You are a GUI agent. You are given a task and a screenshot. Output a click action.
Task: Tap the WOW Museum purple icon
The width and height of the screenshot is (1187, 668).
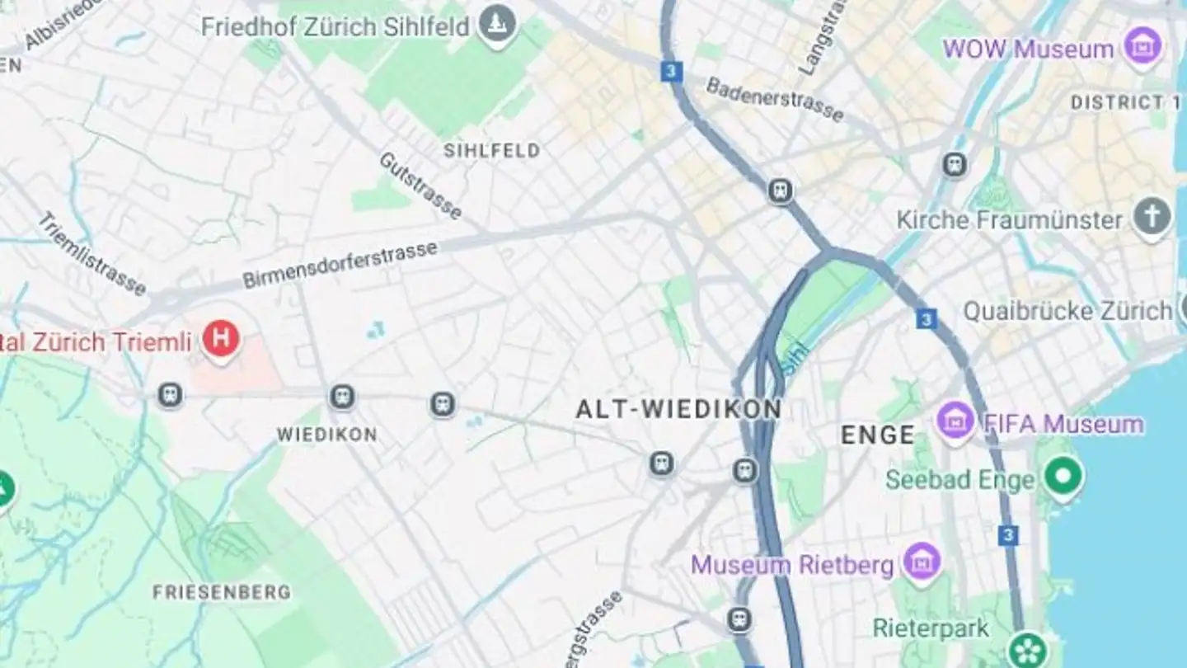[1142, 46]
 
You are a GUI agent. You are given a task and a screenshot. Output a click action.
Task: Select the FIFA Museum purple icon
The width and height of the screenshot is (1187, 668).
[956, 421]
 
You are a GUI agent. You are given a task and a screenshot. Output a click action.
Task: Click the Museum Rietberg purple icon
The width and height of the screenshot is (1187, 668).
[922, 563]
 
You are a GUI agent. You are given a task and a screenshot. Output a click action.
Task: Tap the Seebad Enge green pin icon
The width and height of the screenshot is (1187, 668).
[1063, 476]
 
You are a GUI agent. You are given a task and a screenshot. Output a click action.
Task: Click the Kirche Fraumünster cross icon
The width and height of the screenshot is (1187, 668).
[1152, 217]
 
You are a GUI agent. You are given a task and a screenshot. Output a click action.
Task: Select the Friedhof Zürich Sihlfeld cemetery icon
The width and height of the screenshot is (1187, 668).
[497, 23]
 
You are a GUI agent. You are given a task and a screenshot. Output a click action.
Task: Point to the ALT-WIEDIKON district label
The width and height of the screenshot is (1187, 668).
[678, 409]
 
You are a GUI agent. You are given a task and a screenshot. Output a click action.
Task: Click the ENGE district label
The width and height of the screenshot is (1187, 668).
[878, 435]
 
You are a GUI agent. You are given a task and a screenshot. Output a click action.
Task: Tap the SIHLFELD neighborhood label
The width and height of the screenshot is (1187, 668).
[492, 150]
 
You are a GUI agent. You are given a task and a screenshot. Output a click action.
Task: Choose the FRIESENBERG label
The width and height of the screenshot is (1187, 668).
[222, 592]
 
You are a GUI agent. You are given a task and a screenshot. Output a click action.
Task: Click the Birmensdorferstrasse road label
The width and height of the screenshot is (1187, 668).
[340, 265]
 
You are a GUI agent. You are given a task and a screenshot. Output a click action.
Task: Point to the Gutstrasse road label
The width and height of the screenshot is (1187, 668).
[420, 186]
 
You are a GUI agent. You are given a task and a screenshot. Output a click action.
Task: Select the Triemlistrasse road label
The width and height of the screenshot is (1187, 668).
[91, 253]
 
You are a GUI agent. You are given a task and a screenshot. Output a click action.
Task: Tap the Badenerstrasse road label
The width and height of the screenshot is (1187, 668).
[775, 100]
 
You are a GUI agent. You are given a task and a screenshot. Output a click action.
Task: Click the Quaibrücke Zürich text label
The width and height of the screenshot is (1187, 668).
[1067, 311]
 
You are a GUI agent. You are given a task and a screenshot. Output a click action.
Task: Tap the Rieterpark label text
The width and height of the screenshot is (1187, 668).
[931, 628]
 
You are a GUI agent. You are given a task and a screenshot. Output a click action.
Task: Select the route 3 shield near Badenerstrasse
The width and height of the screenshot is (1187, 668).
[672, 72]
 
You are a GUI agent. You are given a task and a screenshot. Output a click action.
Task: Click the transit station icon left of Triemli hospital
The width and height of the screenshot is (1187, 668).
[170, 395]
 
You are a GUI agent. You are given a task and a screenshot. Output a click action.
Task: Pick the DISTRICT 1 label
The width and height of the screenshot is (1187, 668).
[1125, 103]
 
